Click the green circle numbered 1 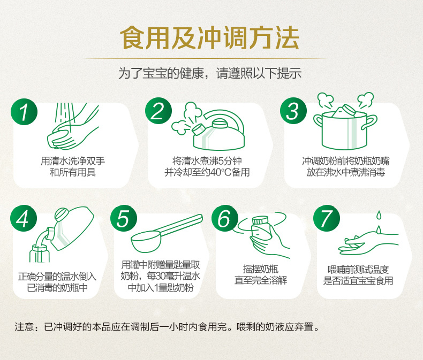point(24,111)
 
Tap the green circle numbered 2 point(158,111)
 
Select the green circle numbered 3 point(293,111)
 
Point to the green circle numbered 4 point(24,219)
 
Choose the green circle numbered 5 point(124,219)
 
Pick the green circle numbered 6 point(225,219)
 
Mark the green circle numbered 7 point(327,219)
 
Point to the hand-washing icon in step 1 point(73,126)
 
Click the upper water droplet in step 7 point(379,215)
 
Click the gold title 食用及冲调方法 point(209,38)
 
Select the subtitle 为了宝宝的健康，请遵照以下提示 point(209,73)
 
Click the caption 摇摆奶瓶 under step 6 point(261,269)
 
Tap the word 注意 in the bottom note point(24,327)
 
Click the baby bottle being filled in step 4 point(40,254)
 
